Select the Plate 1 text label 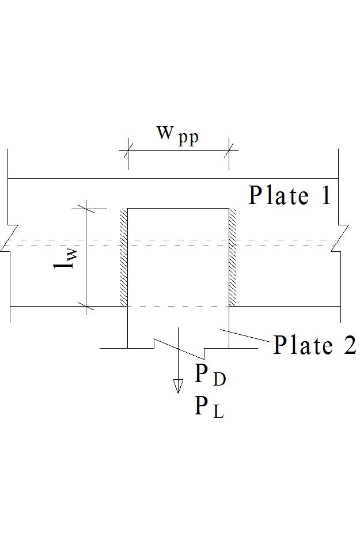point(290,195)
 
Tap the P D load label point(210,375)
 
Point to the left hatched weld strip point(123,257)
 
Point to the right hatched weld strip point(233,257)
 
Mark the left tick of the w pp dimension point(127,151)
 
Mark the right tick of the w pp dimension point(229,151)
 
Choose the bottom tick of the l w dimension point(86,306)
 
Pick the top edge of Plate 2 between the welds point(178,209)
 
